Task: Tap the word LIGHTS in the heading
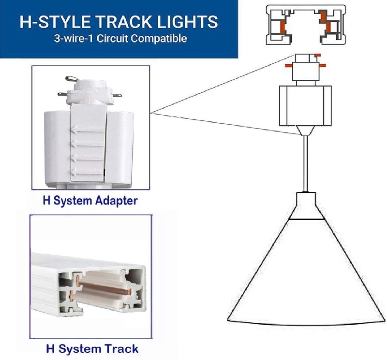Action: pos(188,22)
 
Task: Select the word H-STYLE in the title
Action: pos(58,22)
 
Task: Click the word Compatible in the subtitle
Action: pos(159,39)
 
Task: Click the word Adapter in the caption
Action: pos(116,201)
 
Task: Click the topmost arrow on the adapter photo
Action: pos(88,130)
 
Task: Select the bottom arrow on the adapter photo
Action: pos(88,172)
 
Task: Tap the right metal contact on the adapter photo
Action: pos(117,95)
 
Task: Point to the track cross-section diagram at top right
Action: pos(306,25)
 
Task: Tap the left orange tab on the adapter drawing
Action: pos(288,66)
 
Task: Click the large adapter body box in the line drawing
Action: pos(305,105)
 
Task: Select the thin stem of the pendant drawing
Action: pos(306,164)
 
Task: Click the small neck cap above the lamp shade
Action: pos(306,205)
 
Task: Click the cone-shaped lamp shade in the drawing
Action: pos(306,272)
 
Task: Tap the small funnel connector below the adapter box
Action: pos(306,130)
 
